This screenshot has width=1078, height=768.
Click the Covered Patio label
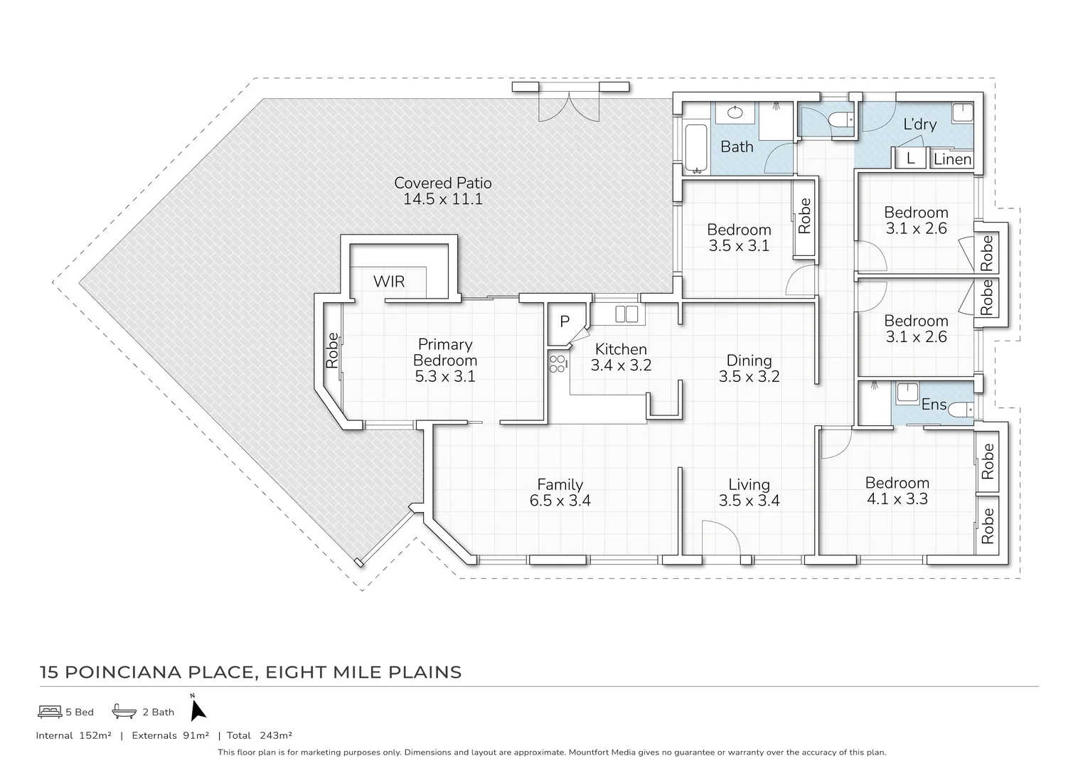442,183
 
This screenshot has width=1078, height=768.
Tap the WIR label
389,282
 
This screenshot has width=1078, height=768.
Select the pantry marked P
565,322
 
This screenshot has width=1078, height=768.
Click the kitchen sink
626,314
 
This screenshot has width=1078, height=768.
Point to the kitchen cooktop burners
557,364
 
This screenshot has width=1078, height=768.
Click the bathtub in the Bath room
695,149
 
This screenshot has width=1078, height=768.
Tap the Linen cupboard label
952,159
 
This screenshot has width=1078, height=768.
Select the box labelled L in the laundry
910,159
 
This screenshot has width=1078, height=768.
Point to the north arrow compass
198,708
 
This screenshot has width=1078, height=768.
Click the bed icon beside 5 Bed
49,711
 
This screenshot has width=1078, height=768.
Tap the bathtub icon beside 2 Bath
124,711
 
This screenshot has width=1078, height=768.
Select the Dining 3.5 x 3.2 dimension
749,377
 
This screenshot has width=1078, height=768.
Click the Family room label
560,485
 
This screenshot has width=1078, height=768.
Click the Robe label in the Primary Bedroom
332,351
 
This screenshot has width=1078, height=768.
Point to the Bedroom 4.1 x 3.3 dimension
897,499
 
